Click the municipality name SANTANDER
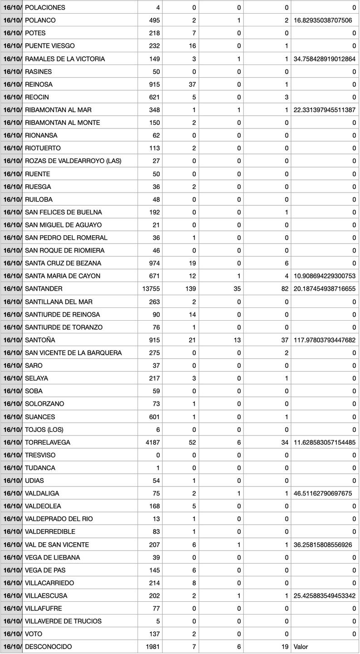coord(44,289)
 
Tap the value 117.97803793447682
coord(325,340)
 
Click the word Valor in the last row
coord(301,646)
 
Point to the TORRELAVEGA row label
coord(48,442)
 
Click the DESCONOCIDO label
coord(48,646)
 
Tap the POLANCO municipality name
coord(40,20)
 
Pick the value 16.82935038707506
coord(323,20)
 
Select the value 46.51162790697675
coord(323,493)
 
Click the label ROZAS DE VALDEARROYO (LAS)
coord(73,161)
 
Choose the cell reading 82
coord(284,289)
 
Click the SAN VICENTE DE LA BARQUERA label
coord(73,352)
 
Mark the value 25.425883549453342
coord(325,595)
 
